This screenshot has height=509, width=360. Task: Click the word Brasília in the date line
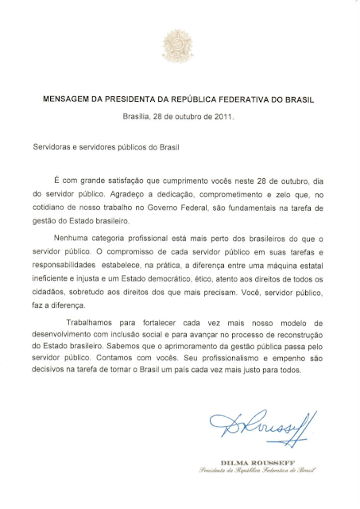137,116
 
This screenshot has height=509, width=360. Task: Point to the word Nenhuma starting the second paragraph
71,238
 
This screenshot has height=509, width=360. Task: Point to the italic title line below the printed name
269,470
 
